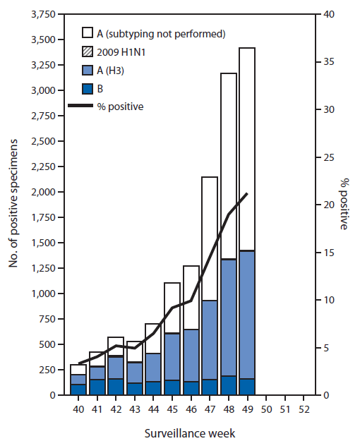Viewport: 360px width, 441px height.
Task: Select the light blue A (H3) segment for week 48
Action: pyautogui.click(x=228, y=318)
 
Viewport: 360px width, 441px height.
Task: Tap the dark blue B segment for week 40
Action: pyautogui.click(x=78, y=389)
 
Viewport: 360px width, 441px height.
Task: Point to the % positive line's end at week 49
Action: pyautogui.click(x=246, y=193)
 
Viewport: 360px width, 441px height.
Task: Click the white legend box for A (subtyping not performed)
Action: pyautogui.click(x=88, y=32)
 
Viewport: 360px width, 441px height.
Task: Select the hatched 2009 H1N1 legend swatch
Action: pyautogui.click(x=88, y=52)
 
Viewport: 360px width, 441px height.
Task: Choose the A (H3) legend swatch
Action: pyautogui.click(x=88, y=70)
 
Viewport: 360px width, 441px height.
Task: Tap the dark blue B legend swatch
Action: pyautogui.click(x=88, y=89)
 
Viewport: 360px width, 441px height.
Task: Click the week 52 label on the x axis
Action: pyautogui.click(x=301, y=408)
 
